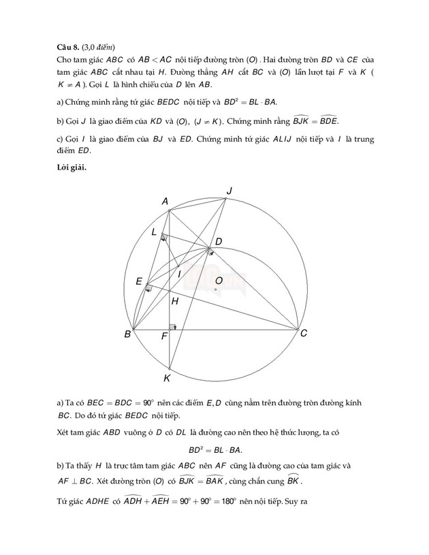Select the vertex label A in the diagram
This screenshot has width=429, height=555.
pos(165,201)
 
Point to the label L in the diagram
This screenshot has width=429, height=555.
pos(155,233)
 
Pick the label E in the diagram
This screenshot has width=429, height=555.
pos(139,281)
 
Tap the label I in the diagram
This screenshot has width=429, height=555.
pos(179,274)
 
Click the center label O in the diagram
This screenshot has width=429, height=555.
pos(219,281)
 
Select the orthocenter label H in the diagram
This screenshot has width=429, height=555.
pos(175,300)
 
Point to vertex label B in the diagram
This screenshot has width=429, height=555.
pos(127,334)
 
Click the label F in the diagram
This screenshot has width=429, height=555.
pos(164,336)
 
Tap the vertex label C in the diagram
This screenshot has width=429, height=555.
pos(304,333)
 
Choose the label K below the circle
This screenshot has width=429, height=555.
pos(168,377)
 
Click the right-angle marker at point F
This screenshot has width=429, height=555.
pos(173,327)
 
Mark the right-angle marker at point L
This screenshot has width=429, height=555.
pos(164,238)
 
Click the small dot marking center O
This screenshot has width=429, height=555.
pos(215,290)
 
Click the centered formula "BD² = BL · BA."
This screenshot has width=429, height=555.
pos(214,450)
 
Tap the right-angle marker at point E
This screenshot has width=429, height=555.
pos(148,288)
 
